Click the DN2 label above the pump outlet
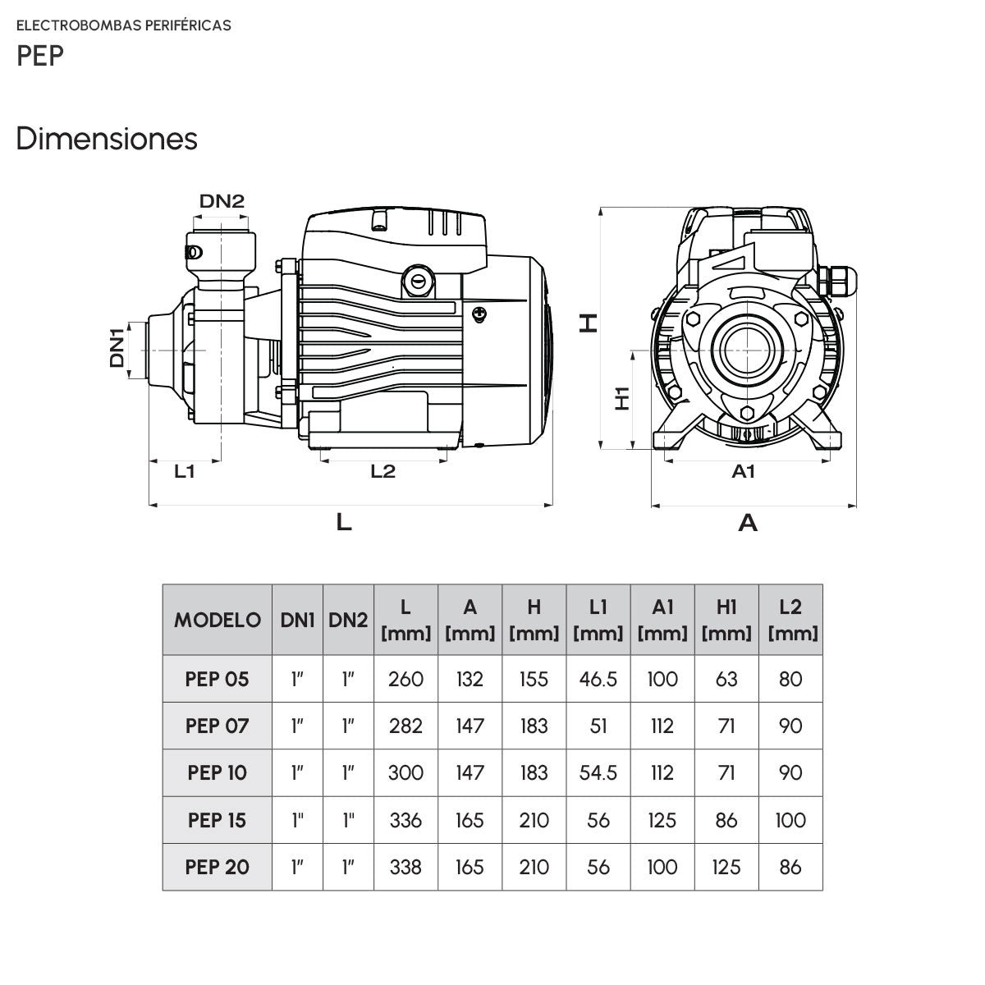222,201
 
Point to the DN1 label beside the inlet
117,347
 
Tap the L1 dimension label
185,471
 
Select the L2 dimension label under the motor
383,471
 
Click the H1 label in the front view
622,398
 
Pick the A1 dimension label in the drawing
743,471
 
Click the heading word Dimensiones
107,139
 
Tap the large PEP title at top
40,56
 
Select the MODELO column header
218,620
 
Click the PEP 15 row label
217,820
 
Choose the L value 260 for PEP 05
405,680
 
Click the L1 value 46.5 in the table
598,680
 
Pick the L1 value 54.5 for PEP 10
598,773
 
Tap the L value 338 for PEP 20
405,868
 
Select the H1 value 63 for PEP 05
726,680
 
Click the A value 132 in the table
470,680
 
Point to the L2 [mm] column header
790,620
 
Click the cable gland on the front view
838,280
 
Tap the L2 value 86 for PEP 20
790,868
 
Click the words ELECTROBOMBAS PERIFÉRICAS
124,25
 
